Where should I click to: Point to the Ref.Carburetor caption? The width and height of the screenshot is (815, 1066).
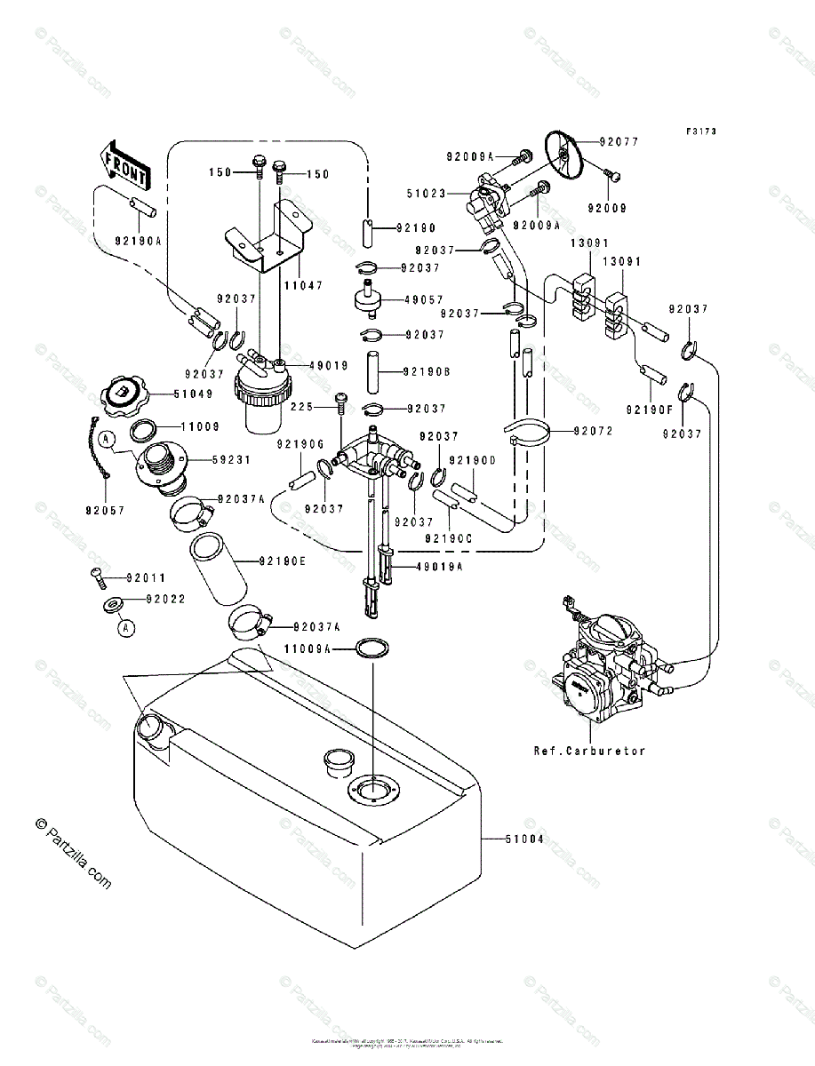click(x=589, y=751)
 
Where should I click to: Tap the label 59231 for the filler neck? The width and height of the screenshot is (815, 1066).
click(x=233, y=460)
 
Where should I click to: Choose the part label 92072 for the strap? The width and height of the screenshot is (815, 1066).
click(x=595, y=431)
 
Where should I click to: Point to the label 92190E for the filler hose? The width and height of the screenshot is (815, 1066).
click(x=283, y=561)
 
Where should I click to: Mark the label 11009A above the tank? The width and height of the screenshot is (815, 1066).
click(x=308, y=650)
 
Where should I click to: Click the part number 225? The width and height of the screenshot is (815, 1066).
click(x=302, y=408)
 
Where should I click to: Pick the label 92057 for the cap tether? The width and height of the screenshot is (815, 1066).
click(x=106, y=511)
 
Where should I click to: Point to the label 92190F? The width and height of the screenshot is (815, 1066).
click(x=648, y=410)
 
